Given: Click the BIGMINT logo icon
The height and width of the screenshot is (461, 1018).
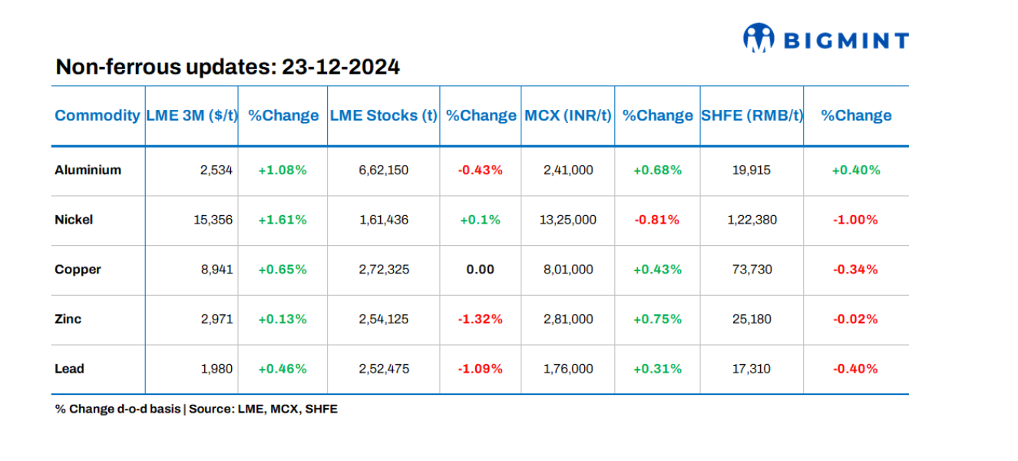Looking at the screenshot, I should pyautogui.click(x=759, y=38).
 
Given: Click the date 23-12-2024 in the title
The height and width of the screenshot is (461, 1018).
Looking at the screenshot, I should pyautogui.click(x=340, y=67).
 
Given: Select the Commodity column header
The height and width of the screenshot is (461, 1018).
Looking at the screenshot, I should pyautogui.click(x=98, y=115).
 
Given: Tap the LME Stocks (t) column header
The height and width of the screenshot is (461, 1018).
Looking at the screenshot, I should pyautogui.click(x=383, y=115).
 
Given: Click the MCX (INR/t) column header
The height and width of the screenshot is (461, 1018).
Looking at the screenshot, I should pyautogui.click(x=567, y=115).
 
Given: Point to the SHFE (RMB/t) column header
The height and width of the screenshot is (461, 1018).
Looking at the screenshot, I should pyautogui.click(x=752, y=115).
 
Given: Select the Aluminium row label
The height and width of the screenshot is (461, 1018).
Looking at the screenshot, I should pyautogui.click(x=88, y=170).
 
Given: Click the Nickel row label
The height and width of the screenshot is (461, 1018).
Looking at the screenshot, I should pyautogui.click(x=74, y=220).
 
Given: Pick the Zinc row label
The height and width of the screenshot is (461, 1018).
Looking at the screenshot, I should pyautogui.click(x=68, y=319).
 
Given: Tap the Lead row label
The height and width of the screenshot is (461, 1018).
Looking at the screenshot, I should pyautogui.click(x=69, y=369).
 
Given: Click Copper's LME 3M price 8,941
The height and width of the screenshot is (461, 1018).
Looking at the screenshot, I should pyautogui.click(x=216, y=270).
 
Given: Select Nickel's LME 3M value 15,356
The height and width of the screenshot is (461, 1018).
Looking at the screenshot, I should pyautogui.click(x=213, y=220).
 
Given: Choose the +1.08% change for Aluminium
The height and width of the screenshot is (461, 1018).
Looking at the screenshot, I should pyautogui.click(x=282, y=170).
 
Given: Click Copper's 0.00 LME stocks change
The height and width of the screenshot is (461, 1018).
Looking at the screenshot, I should pyautogui.click(x=480, y=270).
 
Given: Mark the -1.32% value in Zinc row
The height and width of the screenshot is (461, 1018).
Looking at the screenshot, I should pyautogui.click(x=480, y=319).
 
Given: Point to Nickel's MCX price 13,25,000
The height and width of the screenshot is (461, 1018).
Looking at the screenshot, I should pyautogui.click(x=568, y=220).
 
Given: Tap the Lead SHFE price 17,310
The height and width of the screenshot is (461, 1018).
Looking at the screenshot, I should pyautogui.click(x=752, y=369).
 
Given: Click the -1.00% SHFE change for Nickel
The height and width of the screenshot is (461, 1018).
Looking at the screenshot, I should pyautogui.click(x=855, y=220).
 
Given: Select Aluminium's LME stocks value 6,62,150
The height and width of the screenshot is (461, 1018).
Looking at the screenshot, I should pyautogui.click(x=383, y=170).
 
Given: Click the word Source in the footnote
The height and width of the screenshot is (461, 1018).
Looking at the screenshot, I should pyautogui.click(x=210, y=409).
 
